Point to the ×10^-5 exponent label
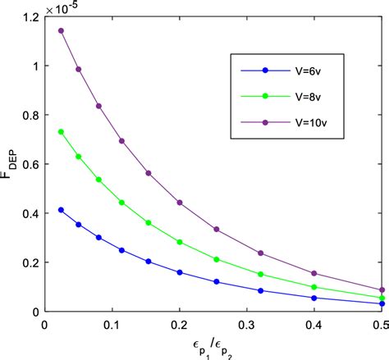pos(67,8)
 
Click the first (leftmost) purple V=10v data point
pos(62,30)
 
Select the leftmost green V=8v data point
pos(62,131)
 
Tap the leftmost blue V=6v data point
pos(62,210)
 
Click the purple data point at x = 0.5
pos(382,289)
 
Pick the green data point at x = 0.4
pos(315,287)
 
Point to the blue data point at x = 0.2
pos(180,272)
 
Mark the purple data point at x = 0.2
pos(180,203)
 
